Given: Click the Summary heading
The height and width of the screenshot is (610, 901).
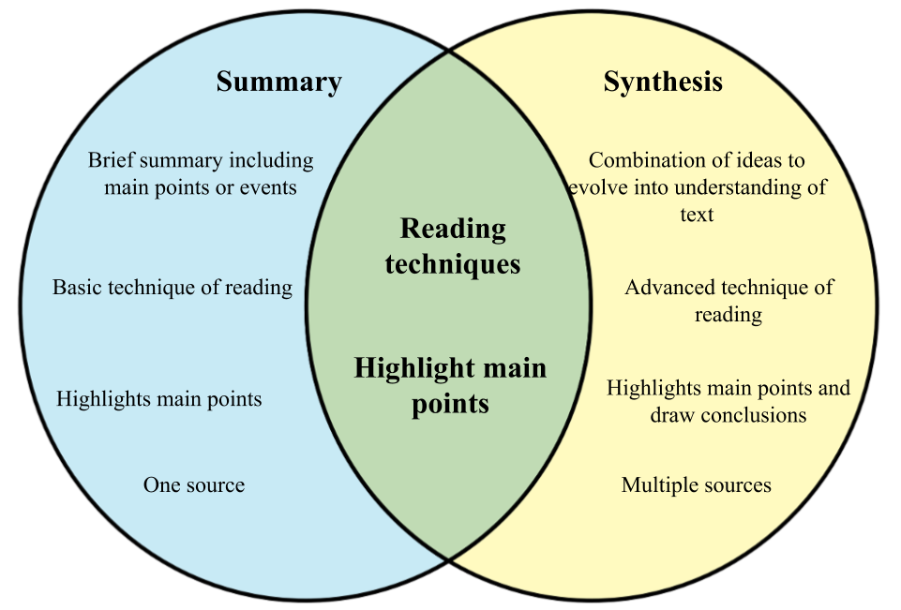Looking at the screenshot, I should pos(278,82).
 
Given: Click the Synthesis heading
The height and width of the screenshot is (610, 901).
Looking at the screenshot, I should pos(663,82).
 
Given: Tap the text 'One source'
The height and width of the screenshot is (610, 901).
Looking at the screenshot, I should pos(194,485).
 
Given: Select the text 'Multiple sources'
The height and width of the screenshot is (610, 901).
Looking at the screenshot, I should pos(696,485).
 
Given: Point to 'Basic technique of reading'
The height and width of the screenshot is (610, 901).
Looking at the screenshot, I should pos(173,288).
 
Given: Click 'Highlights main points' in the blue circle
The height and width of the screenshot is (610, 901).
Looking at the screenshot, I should pos(158,399).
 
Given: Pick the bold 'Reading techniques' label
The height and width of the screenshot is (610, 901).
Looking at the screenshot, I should pos(453,246).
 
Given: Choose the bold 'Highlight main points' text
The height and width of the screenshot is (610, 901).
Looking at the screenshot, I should pos(450,385).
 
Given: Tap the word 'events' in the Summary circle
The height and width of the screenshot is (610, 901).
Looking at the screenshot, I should pos(268,187).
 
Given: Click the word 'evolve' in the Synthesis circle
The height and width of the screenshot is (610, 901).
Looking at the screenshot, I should pos(597,187).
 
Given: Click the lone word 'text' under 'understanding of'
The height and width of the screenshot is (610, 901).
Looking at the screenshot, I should pos(697,215).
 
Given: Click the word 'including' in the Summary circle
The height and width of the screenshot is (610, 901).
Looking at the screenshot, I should pos(272,160).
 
